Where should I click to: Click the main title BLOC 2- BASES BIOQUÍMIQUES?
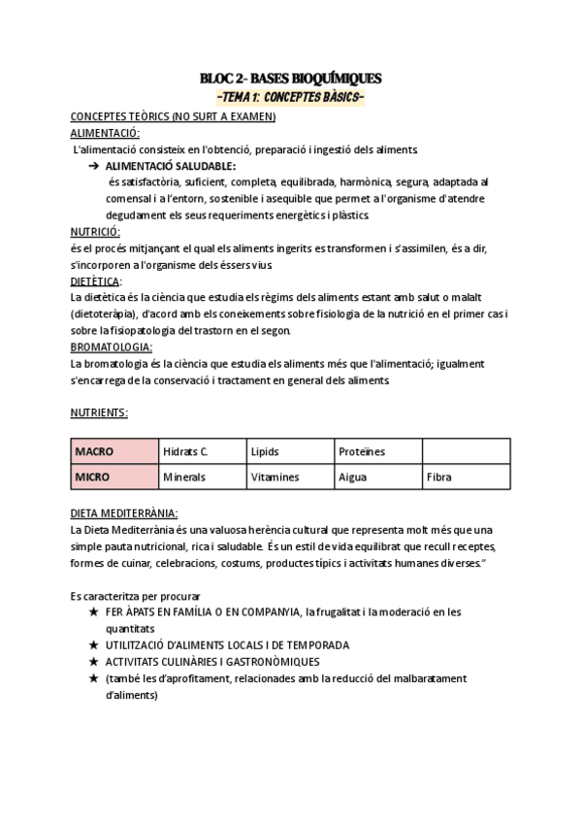[291, 78]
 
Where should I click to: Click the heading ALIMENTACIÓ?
[105, 133]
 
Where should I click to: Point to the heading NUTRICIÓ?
[95, 232]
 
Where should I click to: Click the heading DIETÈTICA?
[96, 281]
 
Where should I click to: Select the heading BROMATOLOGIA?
[112, 346]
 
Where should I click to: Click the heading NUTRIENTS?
[99, 412]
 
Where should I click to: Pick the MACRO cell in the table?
[114, 452]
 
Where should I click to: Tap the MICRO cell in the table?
[114, 477]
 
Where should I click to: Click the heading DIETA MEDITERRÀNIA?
[124, 512]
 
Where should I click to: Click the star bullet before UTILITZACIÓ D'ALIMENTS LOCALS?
[93, 645]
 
